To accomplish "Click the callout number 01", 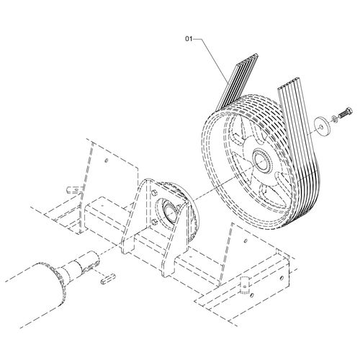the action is pyautogui.click(x=189, y=39).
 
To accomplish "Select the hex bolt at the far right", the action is pyautogui.click(x=346, y=113).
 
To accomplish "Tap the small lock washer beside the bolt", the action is pyautogui.click(x=334, y=118).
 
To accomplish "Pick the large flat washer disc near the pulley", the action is pyautogui.click(x=323, y=125).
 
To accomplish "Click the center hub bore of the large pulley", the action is pyautogui.click(x=262, y=161).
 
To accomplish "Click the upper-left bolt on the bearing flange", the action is pyautogui.click(x=154, y=193).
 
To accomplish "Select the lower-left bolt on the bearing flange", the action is pyautogui.click(x=154, y=220).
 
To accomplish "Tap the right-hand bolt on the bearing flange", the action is pyautogui.click(x=179, y=207).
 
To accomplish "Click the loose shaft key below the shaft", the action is pyautogui.click(x=108, y=279).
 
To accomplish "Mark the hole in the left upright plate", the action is pyautogui.click(x=107, y=160).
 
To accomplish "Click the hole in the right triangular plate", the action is pyautogui.click(x=245, y=240).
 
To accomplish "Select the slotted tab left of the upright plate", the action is pyautogui.click(x=73, y=190).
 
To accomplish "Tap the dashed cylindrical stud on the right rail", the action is pyautogui.click(x=245, y=284).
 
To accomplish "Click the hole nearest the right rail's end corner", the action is pyautogui.click(x=282, y=278).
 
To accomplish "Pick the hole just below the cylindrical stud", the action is pyautogui.click(x=251, y=294).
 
